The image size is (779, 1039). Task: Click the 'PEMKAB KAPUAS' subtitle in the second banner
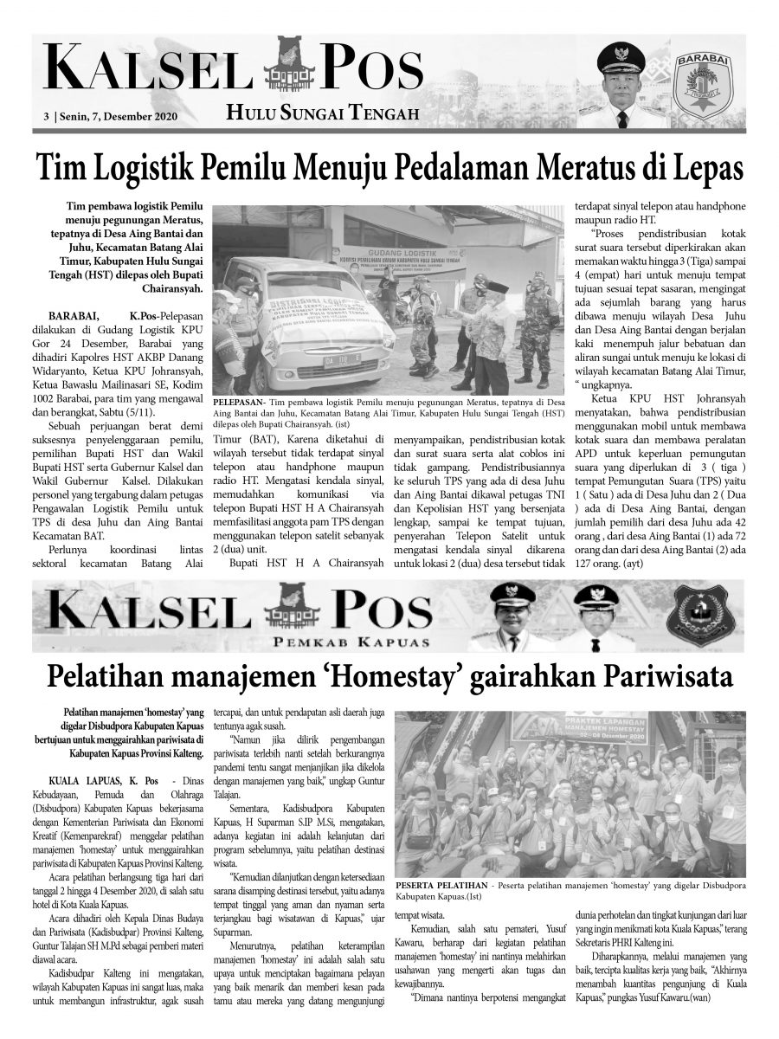click(x=364, y=641)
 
